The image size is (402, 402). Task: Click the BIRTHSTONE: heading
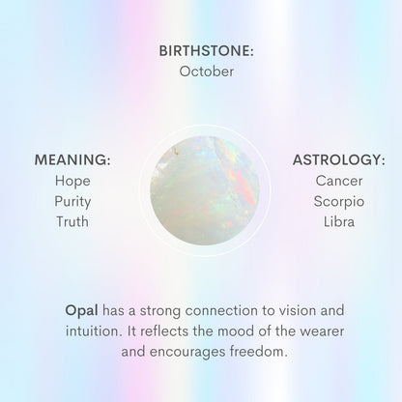click(x=201, y=49)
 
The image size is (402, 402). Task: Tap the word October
click(x=201, y=72)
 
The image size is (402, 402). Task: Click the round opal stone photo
click(x=201, y=189)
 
